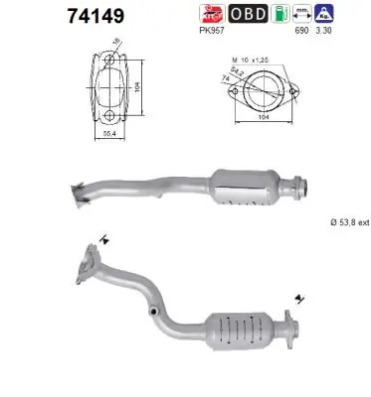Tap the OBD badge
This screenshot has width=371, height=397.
pyautogui.click(x=248, y=14)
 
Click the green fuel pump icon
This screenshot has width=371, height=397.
pyautogui.click(x=286, y=14)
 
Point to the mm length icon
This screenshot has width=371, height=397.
pyautogui.click(x=316, y=14)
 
